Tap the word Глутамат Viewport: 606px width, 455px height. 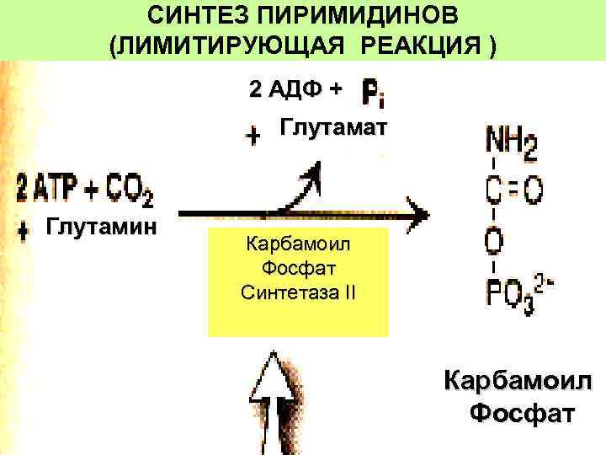tap(332, 127)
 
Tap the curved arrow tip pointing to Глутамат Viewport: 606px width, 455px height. tap(312, 173)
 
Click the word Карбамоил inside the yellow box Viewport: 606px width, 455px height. tap(298, 247)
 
